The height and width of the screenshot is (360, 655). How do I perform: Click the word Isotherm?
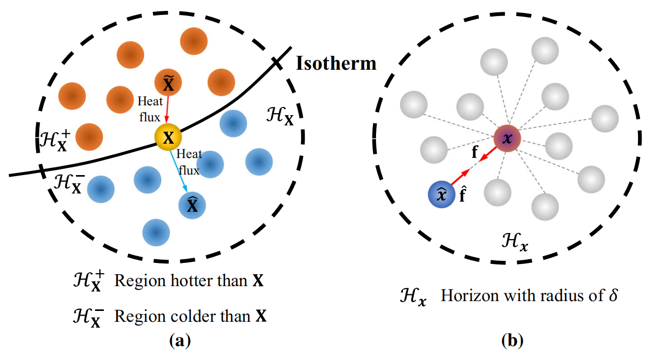coord(336,64)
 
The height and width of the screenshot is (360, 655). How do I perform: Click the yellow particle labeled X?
coord(168,137)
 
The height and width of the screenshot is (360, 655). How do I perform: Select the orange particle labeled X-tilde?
coord(168,82)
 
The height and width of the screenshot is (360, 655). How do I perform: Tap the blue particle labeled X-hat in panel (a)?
coord(192,206)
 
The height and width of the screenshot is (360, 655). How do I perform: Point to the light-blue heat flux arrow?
coord(180,170)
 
